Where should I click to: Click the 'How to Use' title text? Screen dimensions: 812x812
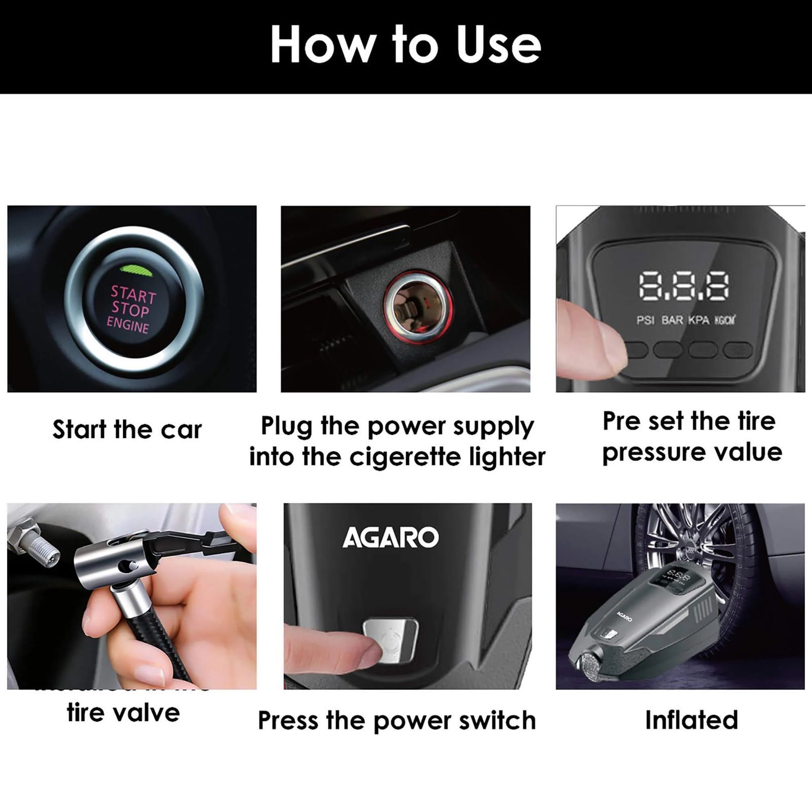(x=405, y=45)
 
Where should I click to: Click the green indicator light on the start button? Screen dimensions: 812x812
(x=133, y=269)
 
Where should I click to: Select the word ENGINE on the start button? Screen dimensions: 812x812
(x=128, y=324)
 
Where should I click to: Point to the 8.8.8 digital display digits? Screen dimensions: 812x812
(x=684, y=286)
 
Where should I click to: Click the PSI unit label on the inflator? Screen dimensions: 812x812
(x=645, y=321)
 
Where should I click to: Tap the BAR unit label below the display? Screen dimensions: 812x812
(x=672, y=321)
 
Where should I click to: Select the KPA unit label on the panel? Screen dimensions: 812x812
(x=698, y=321)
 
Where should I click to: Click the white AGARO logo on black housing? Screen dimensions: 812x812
(x=390, y=537)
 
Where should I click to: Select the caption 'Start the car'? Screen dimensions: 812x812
(x=127, y=430)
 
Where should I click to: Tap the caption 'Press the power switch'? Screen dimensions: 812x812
(x=396, y=720)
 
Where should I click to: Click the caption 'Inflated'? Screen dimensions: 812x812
(x=691, y=720)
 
